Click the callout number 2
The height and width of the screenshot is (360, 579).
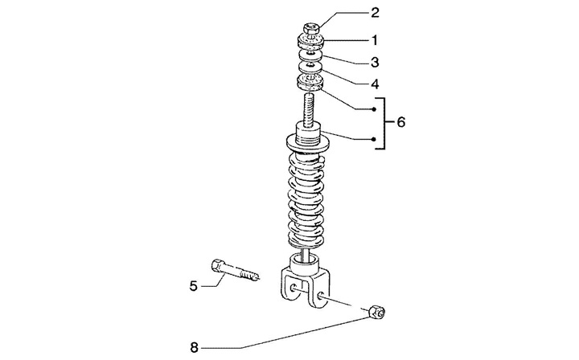coord(375,13)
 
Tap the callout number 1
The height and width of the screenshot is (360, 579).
coord(375,40)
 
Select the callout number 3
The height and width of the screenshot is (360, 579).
coord(375,63)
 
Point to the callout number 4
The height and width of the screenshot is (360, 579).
coord(375,84)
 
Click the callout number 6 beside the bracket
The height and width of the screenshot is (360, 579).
coord(401,121)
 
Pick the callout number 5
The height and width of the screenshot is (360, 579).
coord(194,286)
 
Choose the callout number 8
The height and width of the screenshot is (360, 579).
coord(195,347)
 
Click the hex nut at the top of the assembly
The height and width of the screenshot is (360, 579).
coord(311,28)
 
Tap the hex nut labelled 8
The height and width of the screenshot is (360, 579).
coord(377,312)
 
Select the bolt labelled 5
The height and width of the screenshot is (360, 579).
coord(235,270)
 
